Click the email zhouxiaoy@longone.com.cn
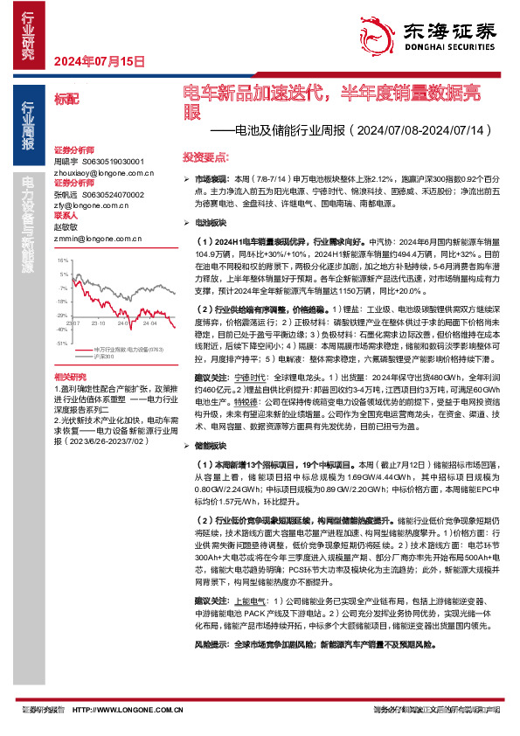pyautogui.click(x=98, y=175)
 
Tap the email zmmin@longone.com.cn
pyautogui.click(x=91, y=236)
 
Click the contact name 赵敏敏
pyautogui.click(x=67, y=226)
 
